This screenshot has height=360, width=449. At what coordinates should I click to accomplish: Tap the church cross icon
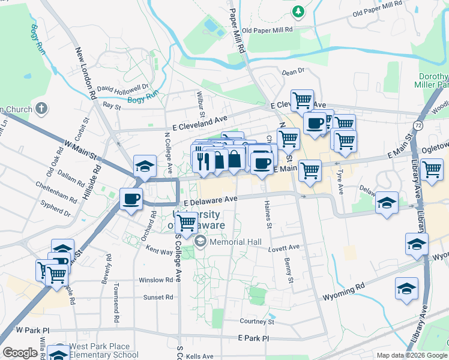[x=41, y=108]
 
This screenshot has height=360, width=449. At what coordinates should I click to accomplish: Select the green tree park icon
[x=298, y=11]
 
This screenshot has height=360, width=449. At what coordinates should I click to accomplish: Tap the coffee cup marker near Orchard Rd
[x=131, y=199]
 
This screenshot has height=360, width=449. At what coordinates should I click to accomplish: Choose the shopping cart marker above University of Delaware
[x=187, y=223]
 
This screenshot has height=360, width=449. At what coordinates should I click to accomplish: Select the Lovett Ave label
[x=284, y=247]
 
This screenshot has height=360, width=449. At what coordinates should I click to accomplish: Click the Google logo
[x=20, y=353]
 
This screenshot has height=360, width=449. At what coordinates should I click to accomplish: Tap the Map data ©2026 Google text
[x=412, y=355]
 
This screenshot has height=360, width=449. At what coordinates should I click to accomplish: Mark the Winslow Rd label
[x=155, y=280]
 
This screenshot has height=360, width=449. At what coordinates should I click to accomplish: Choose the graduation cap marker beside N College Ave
[x=145, y=166]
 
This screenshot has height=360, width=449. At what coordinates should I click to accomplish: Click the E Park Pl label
[x=254, y=338]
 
